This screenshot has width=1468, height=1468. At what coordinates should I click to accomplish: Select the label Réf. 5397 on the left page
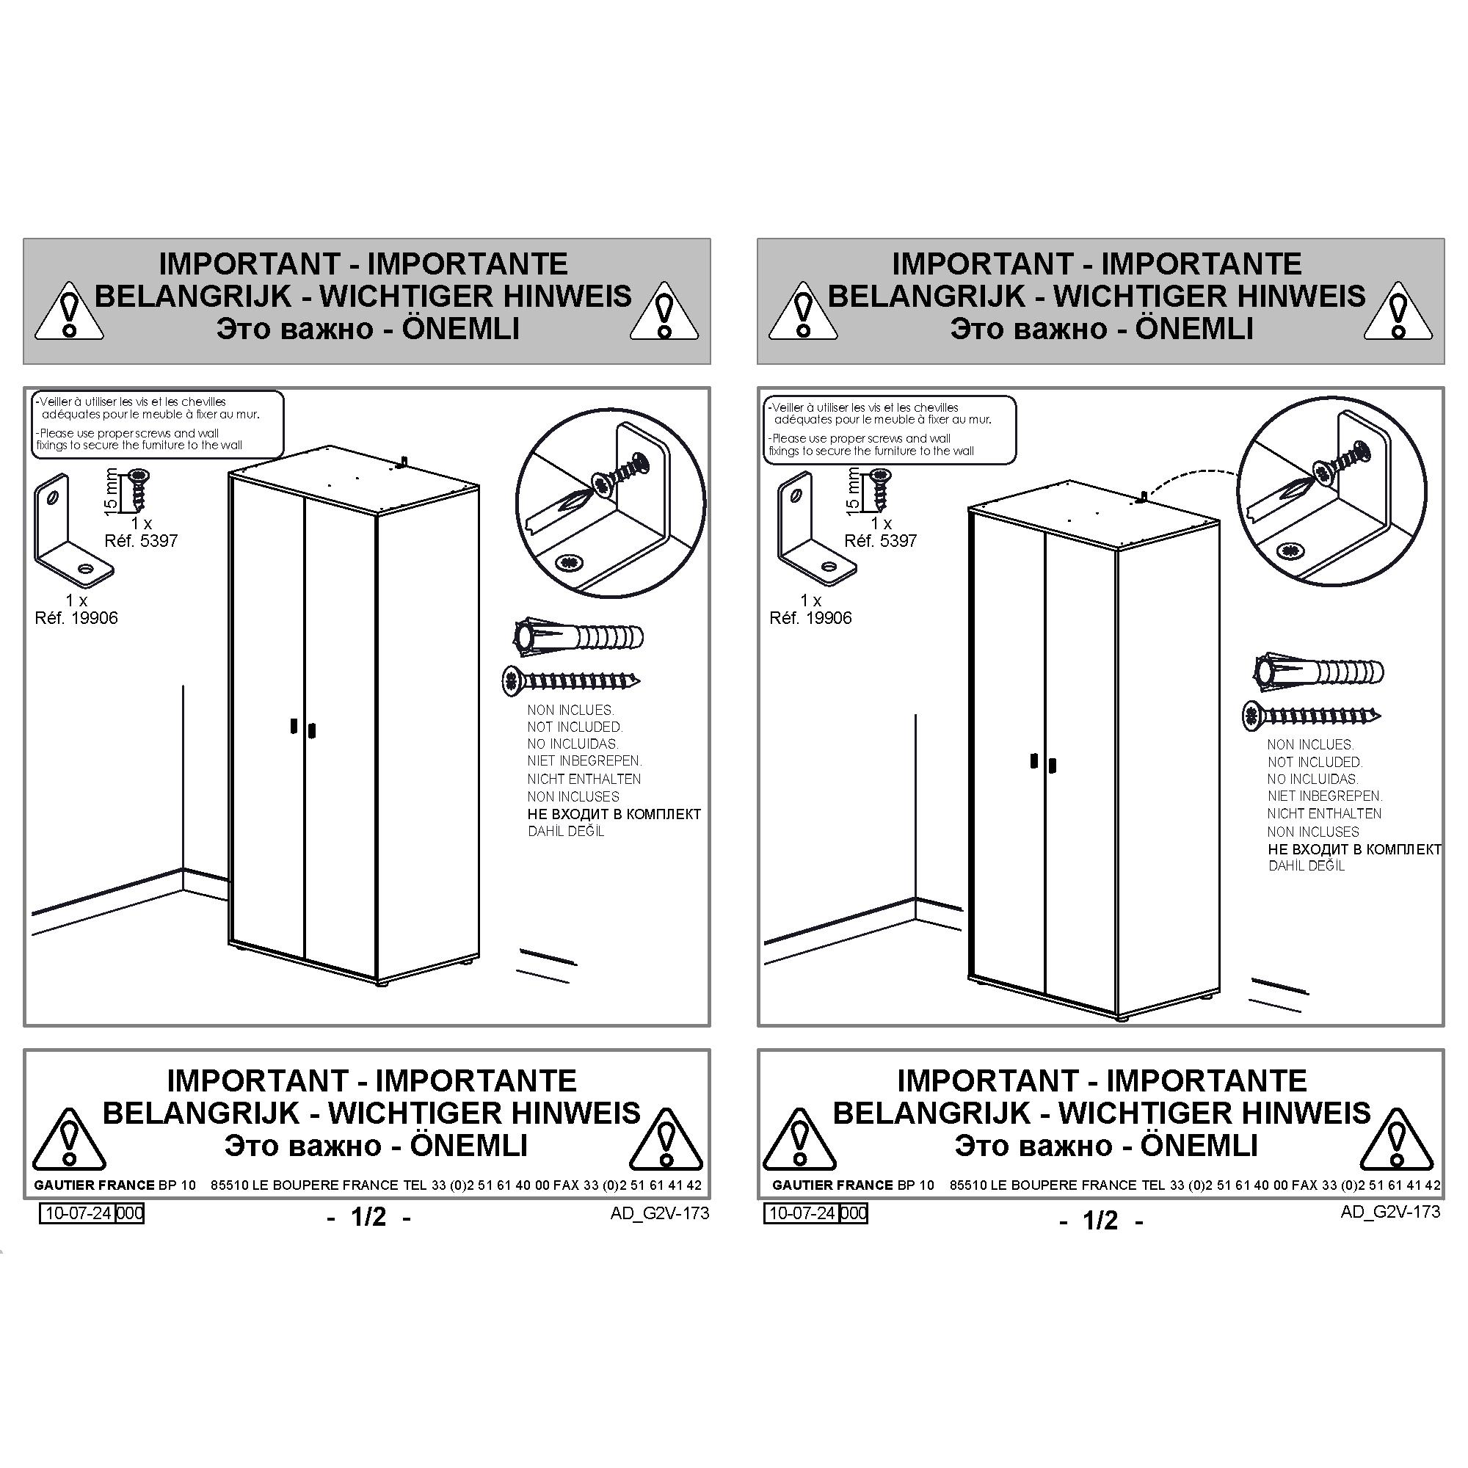(x=141, y=541)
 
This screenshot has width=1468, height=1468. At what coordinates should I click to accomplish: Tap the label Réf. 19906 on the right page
(x=810, y=618)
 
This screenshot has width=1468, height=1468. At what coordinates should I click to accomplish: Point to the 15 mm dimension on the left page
(x=110, y=492)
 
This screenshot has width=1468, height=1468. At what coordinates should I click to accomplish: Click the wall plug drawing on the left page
(x=578, y=636)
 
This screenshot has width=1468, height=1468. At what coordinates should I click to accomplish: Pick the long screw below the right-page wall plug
(x=1311, y=715)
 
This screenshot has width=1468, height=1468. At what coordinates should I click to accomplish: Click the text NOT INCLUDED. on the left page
(x=575, y=727)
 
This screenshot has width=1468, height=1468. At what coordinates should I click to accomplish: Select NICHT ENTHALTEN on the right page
(x=1323, y=813)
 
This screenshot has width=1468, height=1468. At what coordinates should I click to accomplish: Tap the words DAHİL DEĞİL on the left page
(x=566, y=832)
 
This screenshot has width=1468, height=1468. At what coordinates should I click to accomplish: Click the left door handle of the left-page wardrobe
(x=294, y=726)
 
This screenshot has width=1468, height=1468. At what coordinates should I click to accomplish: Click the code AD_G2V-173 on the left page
(x=660, y=1213)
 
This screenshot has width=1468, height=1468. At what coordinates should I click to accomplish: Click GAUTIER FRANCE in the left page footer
(x=94, y=1185)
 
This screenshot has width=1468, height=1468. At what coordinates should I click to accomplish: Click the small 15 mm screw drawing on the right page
(x=881, y=490)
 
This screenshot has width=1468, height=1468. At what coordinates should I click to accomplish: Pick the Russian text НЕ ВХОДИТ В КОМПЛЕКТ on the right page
(x=1354, y=849)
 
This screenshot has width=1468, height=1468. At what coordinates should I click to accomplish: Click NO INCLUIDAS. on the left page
(x=573, y=744)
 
